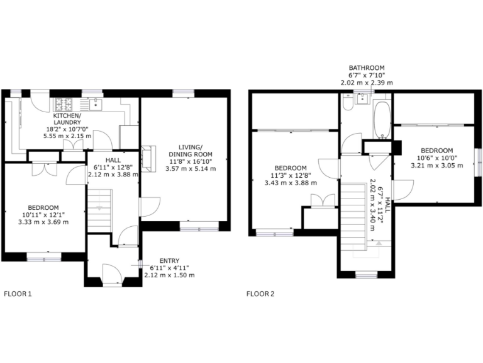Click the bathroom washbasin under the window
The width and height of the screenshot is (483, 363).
pyautogui.click(x=363, y=98)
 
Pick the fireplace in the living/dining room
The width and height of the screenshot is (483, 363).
pyautogui.click(x=148, y=158)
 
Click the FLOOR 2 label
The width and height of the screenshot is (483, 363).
pyautogui.click(x=260, y=293)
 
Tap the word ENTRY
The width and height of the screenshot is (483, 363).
pyautogui.click(x=169, y=261)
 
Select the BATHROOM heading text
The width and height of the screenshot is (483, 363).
pyautogui.click(x=367, y=67)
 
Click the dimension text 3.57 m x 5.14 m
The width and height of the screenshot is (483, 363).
pyautogui.click(x=191, y=169)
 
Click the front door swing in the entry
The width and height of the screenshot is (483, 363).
pyautogui.click(x=111, y=272)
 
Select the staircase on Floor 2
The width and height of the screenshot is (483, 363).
pyautogui.click(x=356, y=214)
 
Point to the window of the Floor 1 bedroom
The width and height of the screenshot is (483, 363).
pyautogui.click(x=44, y=256)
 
